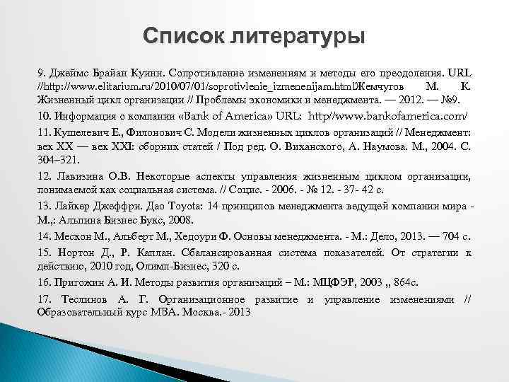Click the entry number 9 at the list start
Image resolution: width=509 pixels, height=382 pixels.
point(41,74)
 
